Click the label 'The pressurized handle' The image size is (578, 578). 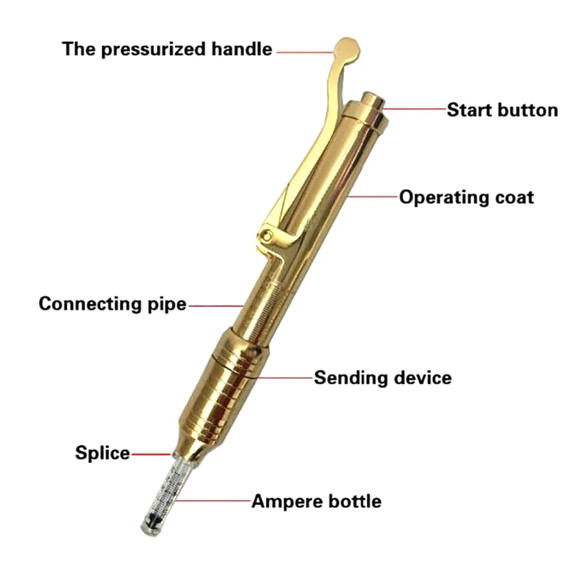click(x=167, y=49)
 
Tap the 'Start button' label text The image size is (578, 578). click(x=502, y=110)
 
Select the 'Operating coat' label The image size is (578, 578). click(x=467, y=197)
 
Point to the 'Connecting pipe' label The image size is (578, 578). click(x=112, y=303)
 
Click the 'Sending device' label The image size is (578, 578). click(x=382, y=377)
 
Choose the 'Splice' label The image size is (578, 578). click(x=103, y=454)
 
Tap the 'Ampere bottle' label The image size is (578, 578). click(x=316, y=501)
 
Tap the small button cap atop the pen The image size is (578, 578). click(x=374, y=101)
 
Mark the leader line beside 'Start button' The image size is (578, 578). click(x=415, y=110)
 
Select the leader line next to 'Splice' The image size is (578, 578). click(x=152, y=454)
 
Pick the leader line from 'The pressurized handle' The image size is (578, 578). click(x=303, y=51)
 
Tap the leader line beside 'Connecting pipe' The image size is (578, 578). click(x=217, y=305)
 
